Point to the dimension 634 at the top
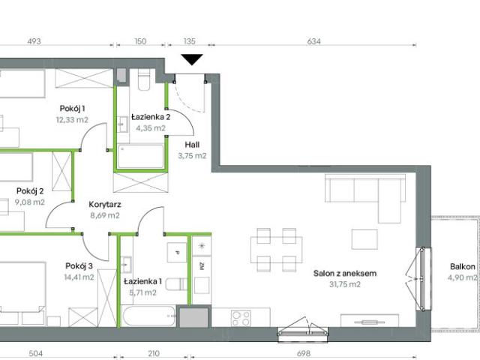[x=313, y=42]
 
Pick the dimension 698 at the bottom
[x=304, y=354]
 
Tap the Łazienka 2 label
[x=151, y=117]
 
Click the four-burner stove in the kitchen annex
[x=241, y=318]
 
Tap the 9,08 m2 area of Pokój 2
[x=29, y=202]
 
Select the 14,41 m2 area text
[x=79, y=277]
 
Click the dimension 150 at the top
[x=140, y=42]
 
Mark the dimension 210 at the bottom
[x=154, y=354]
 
